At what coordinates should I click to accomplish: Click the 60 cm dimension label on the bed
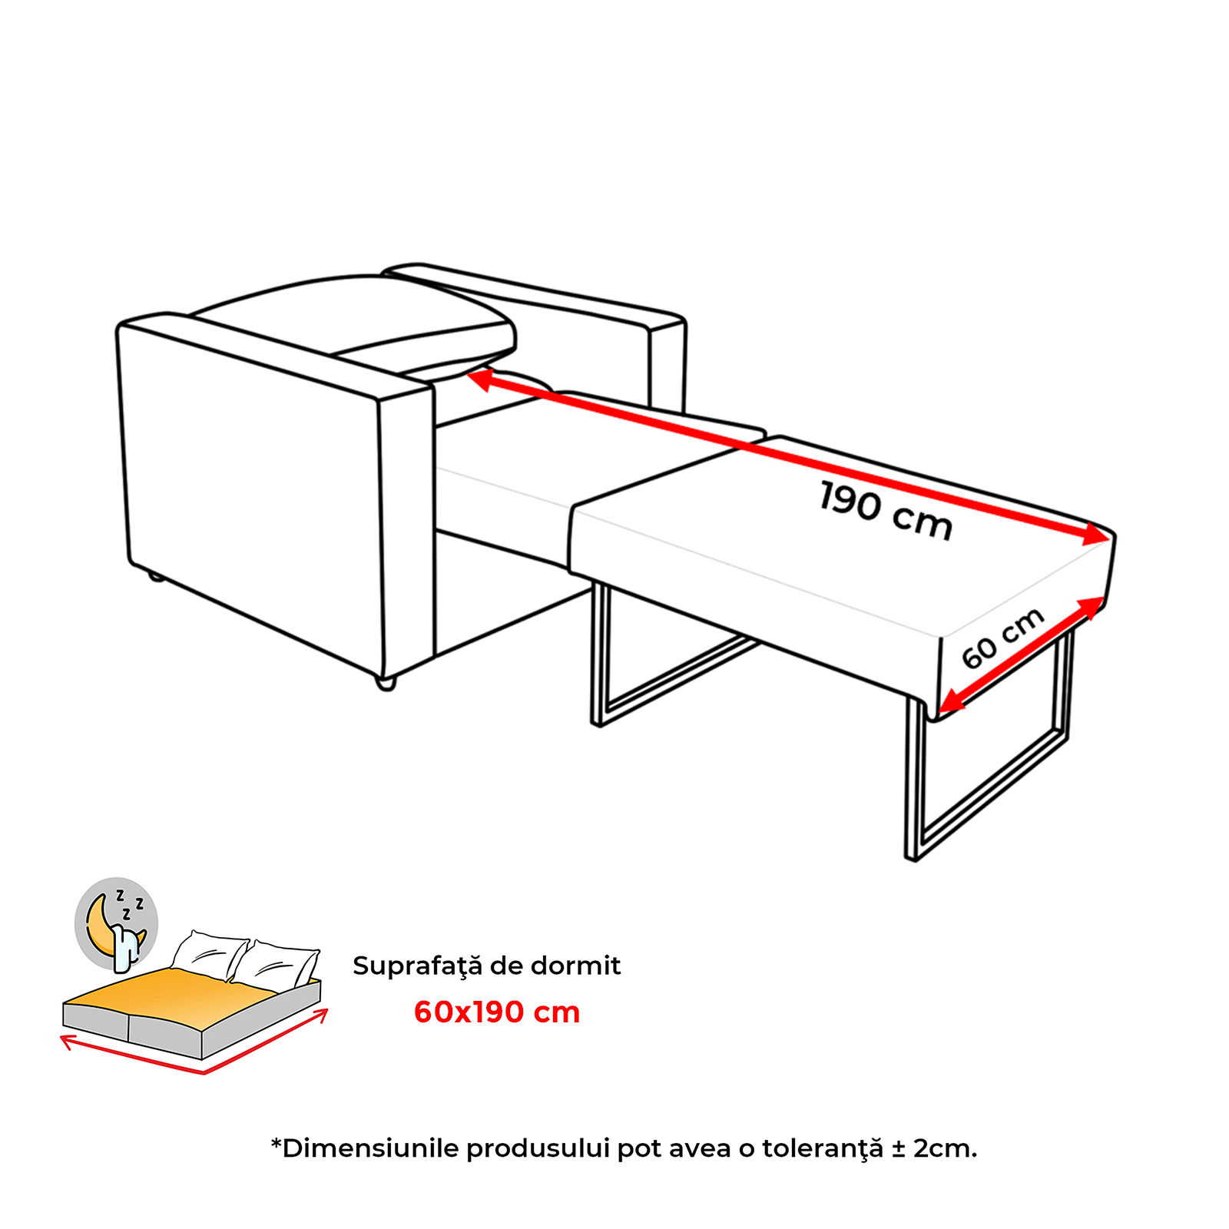1002,638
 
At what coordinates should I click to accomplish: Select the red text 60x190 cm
497,1012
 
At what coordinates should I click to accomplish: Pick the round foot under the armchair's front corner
386,683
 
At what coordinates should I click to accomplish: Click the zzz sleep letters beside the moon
128,905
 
